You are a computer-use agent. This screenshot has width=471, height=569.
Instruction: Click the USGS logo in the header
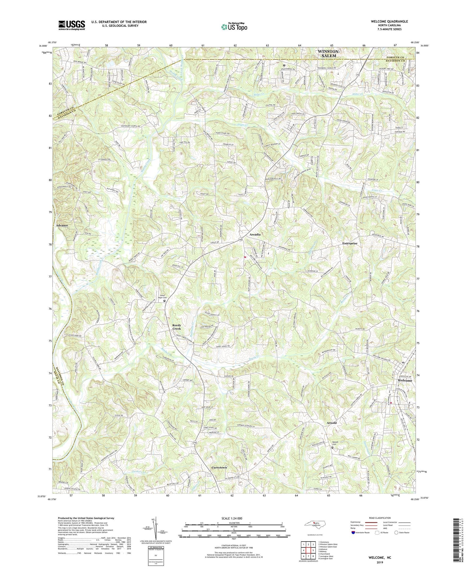point(71,25)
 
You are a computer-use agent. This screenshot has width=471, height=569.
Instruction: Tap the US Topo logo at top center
point(234,27)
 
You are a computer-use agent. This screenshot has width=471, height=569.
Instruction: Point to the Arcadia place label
point(255,235)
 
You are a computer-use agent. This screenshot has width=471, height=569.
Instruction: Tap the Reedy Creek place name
point(176,327)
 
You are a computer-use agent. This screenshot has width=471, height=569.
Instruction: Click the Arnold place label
point(331,423)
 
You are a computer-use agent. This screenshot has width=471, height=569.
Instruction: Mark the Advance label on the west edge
point(62,226)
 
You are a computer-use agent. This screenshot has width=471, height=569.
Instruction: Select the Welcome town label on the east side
point(405,380)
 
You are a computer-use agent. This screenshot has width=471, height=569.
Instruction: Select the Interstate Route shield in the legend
point(353,532)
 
